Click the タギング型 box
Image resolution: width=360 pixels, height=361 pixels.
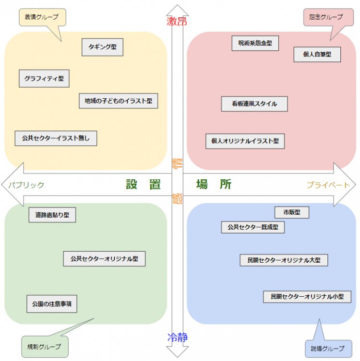click(102, 47)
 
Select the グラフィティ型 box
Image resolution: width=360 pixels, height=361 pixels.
click(44, 79)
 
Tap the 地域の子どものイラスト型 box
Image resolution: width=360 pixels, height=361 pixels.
click(118, 101)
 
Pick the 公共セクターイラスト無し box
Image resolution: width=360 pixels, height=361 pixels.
click(56, 138)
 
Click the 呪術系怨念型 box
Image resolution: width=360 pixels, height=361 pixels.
click(255, 43)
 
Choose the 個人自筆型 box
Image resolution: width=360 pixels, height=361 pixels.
click(317, 54)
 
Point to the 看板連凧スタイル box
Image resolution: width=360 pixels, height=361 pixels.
click(254, 104)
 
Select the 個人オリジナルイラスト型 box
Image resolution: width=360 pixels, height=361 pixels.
click(245, 141)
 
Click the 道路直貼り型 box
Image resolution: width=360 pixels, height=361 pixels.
click(52, 215)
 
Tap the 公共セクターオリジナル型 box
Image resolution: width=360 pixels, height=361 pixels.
click(104, 258)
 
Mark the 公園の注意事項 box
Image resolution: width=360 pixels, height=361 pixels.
click(51, 304)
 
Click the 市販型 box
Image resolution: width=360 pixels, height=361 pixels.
click(291, 212)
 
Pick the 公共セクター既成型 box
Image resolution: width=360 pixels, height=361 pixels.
click(252, 227)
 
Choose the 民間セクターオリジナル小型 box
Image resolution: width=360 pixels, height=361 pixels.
click(307, 297)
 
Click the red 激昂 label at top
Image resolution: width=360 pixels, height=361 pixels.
click(177, 21)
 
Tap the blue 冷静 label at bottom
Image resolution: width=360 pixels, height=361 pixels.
click(177, 338)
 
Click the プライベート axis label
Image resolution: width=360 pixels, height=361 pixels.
click(328, 185)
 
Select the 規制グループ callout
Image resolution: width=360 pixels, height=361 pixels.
click(44, 346)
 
